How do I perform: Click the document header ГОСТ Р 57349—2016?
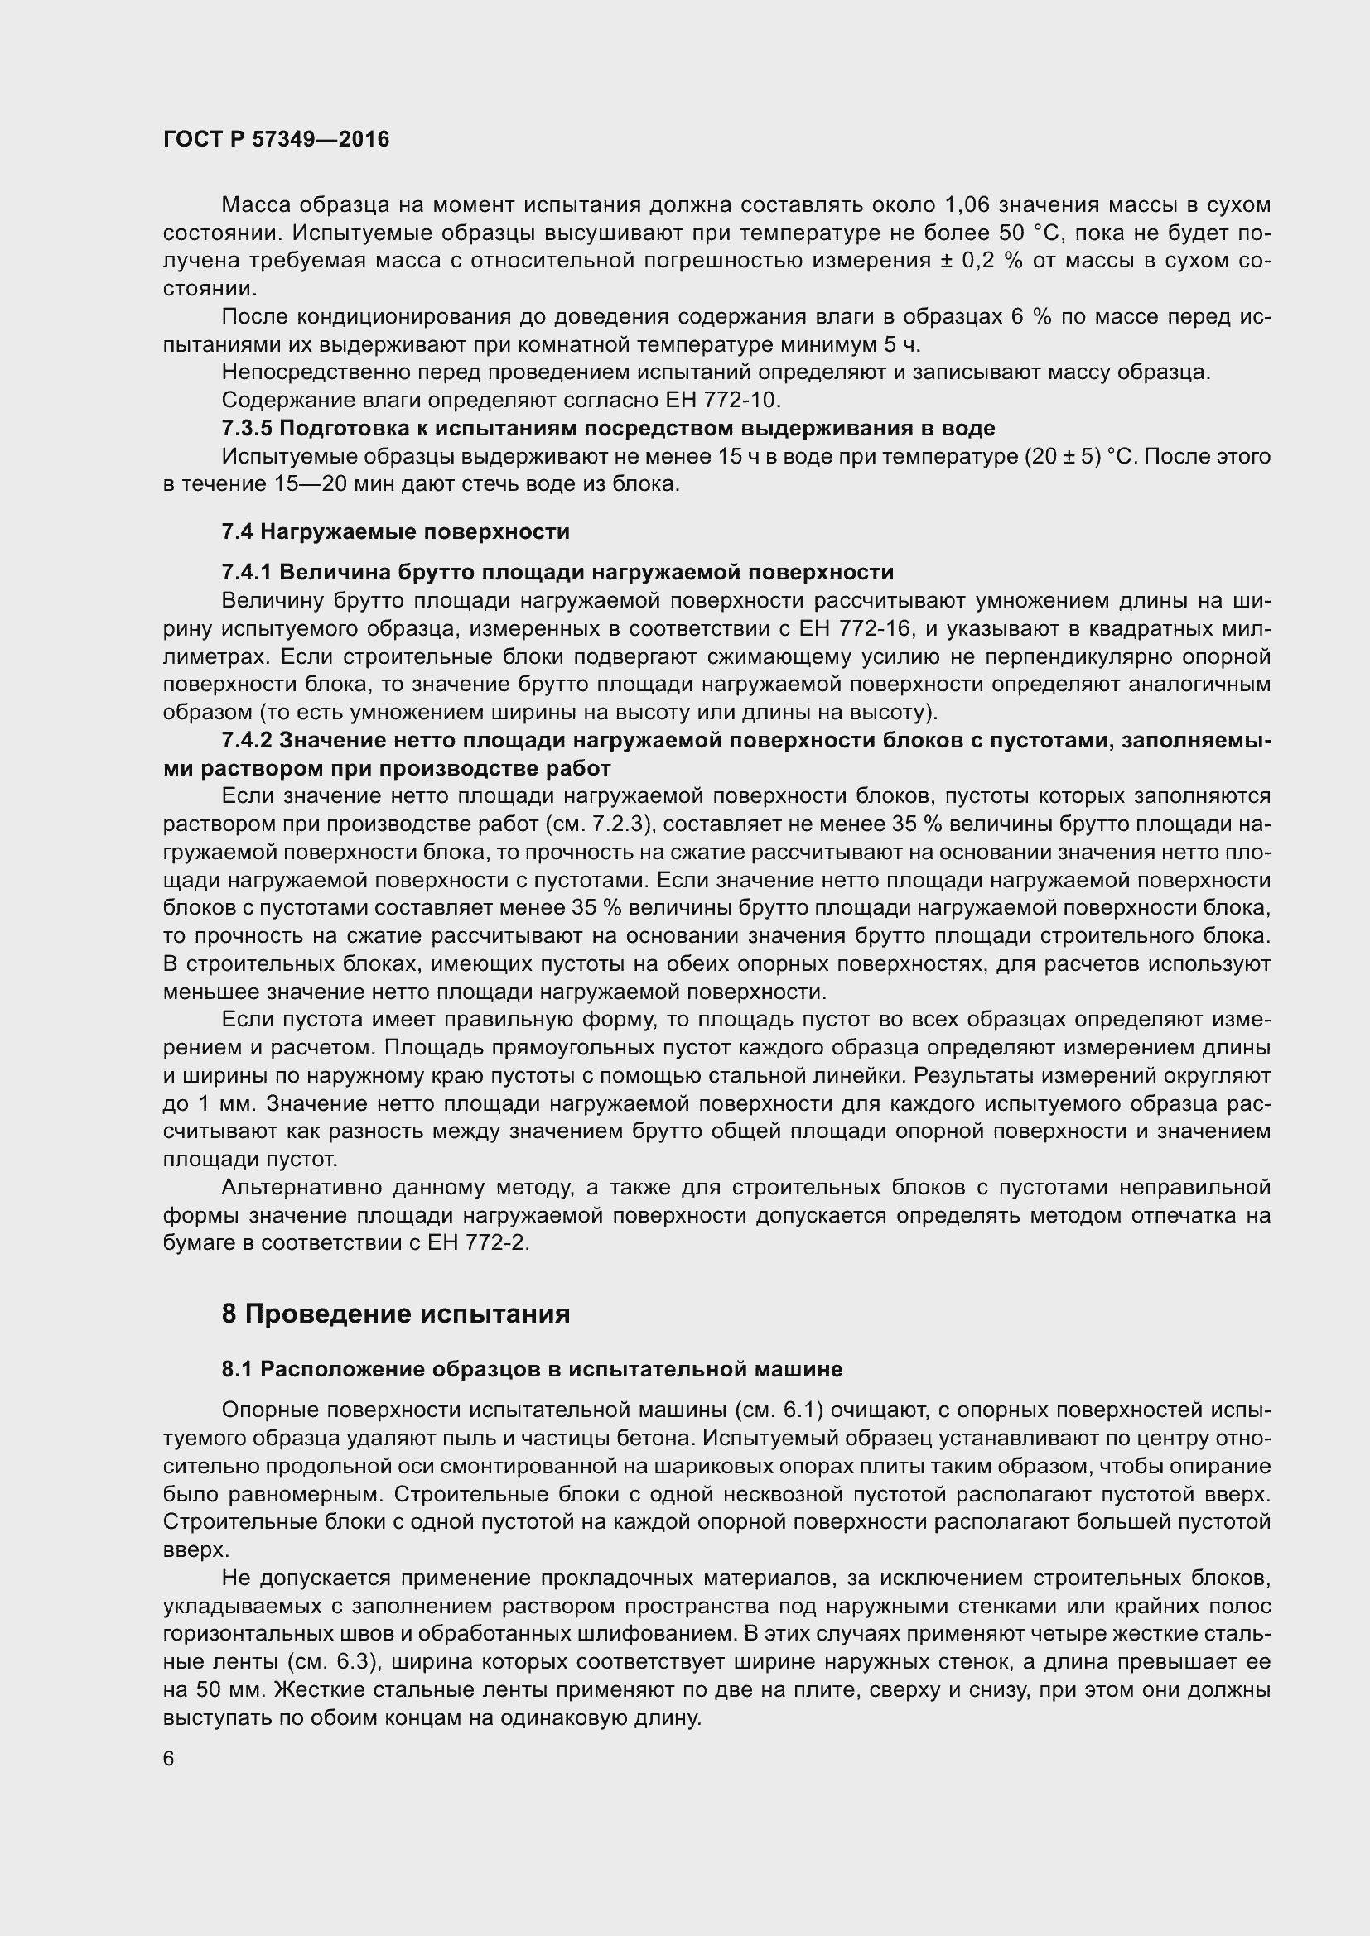pyautogui.click(x=276, y=139)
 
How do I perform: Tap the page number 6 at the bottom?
pyautogui.click(x=169, y=1758)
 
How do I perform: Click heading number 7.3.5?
pyautogui.click(x=246, y=429)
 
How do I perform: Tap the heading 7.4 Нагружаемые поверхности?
pyautogui.click(x=395, y=531)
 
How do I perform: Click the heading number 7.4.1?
pyautogui.click(x=246, y=573)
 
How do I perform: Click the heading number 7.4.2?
pyautogui.click(x=246, y=740)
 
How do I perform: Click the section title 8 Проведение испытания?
pyautogui.click(x=395, y=1313)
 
